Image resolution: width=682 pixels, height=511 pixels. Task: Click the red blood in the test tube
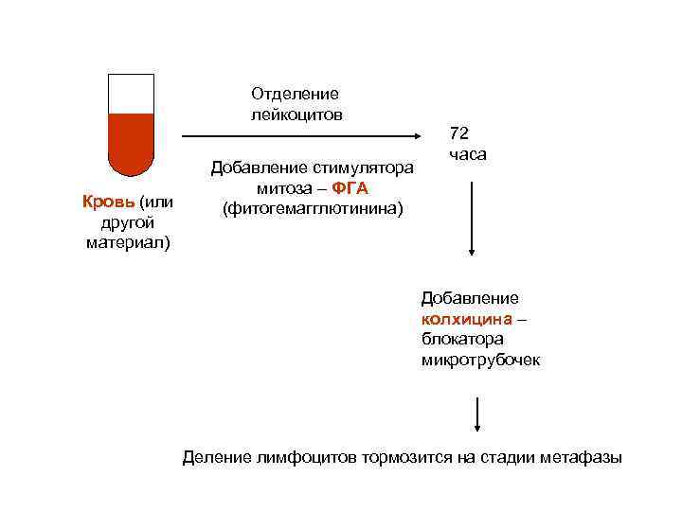(x=131, y=142)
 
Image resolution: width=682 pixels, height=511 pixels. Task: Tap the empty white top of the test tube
(x=131, y=94)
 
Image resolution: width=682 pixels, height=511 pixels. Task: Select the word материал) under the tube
(x=127, y=242)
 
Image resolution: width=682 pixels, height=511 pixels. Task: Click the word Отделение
(x=295, y=94)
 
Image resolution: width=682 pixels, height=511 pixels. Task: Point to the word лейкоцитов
(x=296, y=115)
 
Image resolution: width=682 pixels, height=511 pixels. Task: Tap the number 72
(x=459, y=132)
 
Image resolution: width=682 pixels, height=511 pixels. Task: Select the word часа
(x=468, y=153)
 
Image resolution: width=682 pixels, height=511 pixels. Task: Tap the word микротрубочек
(x=480, y=361)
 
